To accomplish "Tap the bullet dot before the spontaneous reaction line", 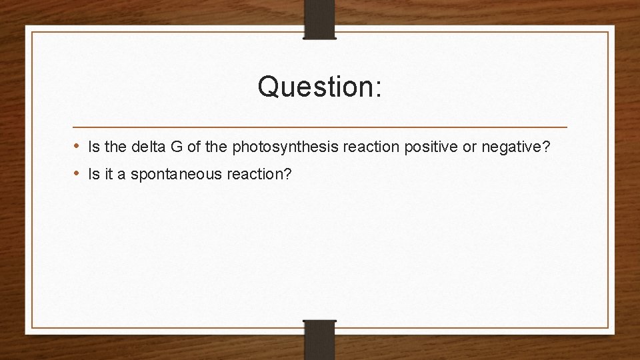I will [x=77, y=174].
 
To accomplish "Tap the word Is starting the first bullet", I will [x=93, y=147].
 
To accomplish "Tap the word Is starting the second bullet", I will [x=93, y=175].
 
